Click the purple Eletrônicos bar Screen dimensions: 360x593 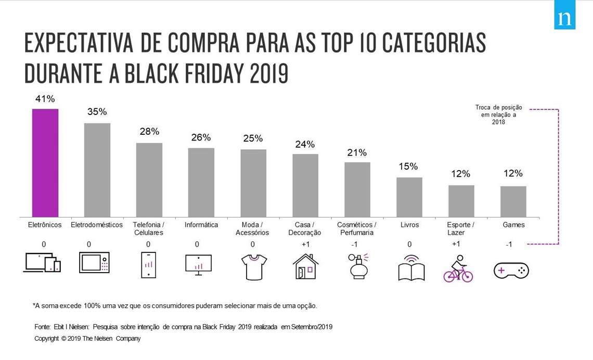tap(45, 163)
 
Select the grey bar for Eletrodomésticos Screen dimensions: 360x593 tap(97, 170)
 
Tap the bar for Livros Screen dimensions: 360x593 tap(409, 197)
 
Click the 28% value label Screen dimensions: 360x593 tap(149, 132)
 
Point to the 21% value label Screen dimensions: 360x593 tap(357, 152)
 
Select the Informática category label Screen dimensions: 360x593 tap(201, 225)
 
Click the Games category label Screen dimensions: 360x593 tap(513, 225)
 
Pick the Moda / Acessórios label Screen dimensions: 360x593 tap(252, 228)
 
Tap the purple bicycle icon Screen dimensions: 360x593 tap(458, 269)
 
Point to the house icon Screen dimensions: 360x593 tap(305, 266)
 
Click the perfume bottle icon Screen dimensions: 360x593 tap(358, 266)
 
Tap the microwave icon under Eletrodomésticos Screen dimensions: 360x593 tap(94, 262)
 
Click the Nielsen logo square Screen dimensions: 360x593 tap(564, 18)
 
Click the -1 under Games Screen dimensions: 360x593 tap(509, 245)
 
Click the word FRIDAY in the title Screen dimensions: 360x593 tap(190, 74)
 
